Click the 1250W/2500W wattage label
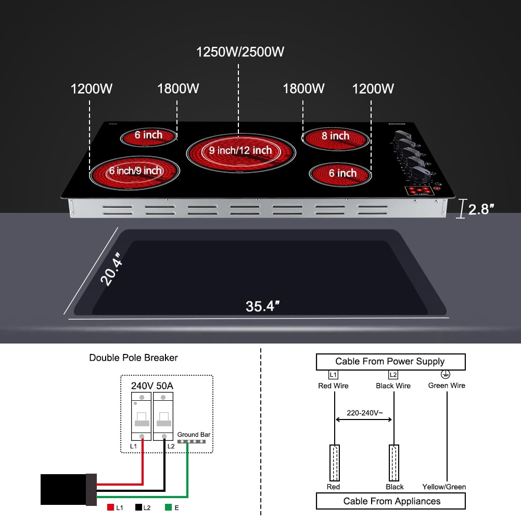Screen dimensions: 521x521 pos(240,52)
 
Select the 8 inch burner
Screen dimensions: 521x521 pos(335,137)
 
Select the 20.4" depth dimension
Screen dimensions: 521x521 pos(112,269)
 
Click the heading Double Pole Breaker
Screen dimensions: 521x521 pos(133,358)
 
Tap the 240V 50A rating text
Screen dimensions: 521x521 pos(152,386)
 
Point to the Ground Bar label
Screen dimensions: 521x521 pos(194,434)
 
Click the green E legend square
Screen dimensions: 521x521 pos(168,507)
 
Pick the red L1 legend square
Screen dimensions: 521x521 pos(110,507)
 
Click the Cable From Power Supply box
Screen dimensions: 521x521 pos(390,361)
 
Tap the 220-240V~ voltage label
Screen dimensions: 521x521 pos(364,412)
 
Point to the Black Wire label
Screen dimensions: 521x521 pos(393,386)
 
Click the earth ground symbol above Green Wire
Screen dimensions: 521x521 pos(446,374)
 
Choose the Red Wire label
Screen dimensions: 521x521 pos(333,386)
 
